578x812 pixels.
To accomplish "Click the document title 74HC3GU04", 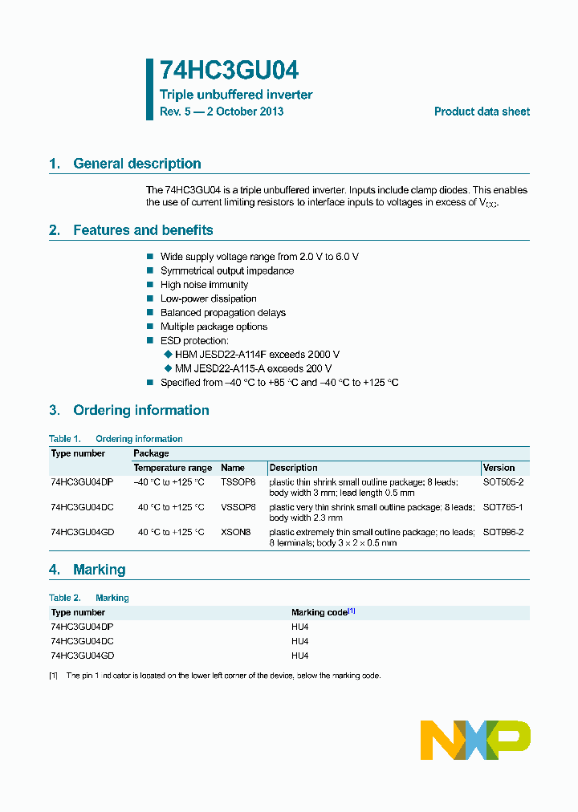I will [230, 71].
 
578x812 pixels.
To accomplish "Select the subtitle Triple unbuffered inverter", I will [236, 95].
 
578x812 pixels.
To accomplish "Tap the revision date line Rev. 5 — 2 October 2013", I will [222, 112].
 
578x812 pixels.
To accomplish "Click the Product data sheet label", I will [482, 112].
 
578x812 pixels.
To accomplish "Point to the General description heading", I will [136, 164].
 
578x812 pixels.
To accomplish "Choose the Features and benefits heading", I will [143, 230].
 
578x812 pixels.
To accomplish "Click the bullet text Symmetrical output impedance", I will [227, 270].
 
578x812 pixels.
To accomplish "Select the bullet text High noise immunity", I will [204, 285].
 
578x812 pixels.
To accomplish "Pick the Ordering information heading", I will [140, 410].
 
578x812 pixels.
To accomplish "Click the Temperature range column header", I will [173, 468].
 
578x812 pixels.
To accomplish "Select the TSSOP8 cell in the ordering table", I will [238, 482].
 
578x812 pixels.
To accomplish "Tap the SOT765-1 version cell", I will [503, 507].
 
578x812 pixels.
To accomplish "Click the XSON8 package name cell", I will [235, 532].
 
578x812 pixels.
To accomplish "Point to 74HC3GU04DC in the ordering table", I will [82, 507].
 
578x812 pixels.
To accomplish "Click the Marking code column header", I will [320, 612].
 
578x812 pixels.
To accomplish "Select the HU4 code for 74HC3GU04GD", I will [300, 656].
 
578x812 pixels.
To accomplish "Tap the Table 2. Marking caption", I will [88, 598].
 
